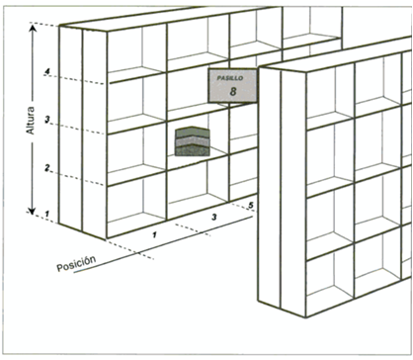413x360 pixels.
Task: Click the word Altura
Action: coord(31,121)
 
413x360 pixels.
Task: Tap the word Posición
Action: coord(76,263)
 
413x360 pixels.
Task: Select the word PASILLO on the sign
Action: coord(230,78)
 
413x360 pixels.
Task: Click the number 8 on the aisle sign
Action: coord(233,91)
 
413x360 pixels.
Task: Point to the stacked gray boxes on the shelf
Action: coord(193,141)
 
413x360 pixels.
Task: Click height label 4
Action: coord(47,71)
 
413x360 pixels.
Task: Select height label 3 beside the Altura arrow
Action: coord(47,120)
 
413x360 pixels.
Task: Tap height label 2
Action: coord(47,168)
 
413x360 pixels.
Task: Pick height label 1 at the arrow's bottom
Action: coord(46,214)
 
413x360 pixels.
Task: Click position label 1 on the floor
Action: coord(154,234)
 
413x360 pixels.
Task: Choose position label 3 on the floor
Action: coord(214,218)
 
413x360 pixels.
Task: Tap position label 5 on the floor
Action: coord(251,206)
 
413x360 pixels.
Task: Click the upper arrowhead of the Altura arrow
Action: coord(32,28)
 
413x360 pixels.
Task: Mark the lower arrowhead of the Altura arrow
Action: coord(32,211)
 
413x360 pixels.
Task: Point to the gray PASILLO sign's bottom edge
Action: coord(232,102)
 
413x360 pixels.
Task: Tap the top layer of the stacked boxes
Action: coord(193,132)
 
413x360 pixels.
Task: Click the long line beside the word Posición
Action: coord(163,244)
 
